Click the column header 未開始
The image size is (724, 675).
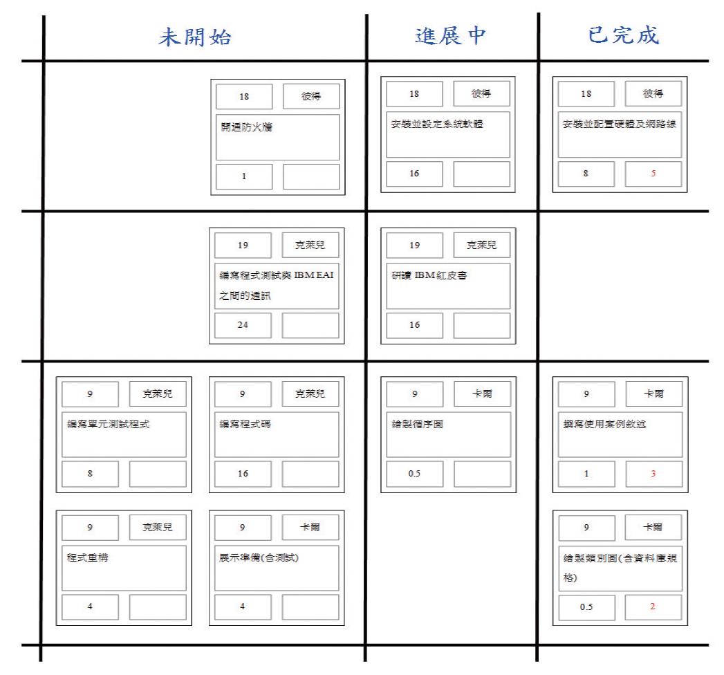pos(195,37)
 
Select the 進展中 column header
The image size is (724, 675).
pos(450,35)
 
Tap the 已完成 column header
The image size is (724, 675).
pos(623,35)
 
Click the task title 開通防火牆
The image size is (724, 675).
pos(247,127)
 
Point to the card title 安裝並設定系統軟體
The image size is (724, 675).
pos(437,124)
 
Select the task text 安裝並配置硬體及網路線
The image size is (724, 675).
pos(619,124)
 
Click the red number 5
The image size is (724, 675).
pos(653,173)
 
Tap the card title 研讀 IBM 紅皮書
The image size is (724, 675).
pos(429,275)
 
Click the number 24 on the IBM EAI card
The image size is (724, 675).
pos(243,324)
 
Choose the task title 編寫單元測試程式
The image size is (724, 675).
pos(109,424)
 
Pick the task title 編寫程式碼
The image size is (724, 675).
pos(245,424)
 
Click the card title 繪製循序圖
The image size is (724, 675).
pos(418,424)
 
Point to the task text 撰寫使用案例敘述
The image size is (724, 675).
pos(604,424)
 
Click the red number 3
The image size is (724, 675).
pos(653,473)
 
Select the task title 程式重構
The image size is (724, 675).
pos(88,557)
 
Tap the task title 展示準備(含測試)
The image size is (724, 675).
pos(259,557)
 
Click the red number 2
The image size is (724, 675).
pos(653,607)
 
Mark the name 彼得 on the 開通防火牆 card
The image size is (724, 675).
pos(310,96)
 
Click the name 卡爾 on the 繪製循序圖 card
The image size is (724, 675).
pos(482,394)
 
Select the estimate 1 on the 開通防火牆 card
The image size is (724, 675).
pos(244,176)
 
